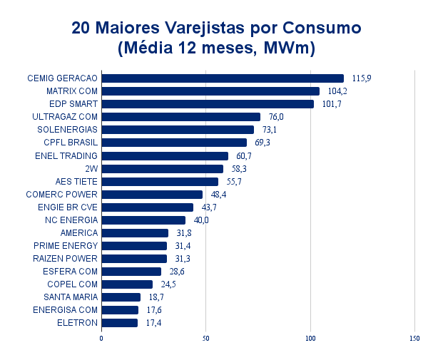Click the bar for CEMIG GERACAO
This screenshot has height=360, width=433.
(222, 78)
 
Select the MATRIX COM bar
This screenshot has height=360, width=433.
(210, 91)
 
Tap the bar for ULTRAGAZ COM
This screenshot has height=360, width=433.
(180, 117)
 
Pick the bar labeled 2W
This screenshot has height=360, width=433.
(162, 169)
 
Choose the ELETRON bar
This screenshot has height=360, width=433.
(119, 323)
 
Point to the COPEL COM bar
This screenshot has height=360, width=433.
(127, 284)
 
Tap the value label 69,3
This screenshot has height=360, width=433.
(263, 143)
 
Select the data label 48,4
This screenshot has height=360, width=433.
(218, 195)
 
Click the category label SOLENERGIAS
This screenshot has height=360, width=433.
(67, 130)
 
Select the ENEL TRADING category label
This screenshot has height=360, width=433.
(66, 155)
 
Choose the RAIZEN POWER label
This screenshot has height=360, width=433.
(66, 258)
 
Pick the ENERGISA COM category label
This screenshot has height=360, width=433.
(65, 310)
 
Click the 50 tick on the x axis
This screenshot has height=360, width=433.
(206, 339)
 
